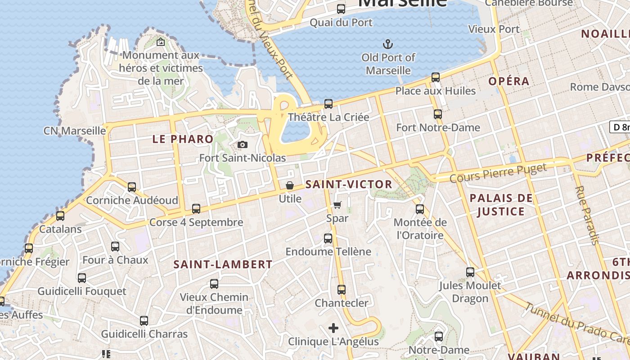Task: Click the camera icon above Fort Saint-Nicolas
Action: pyautogui.click(x=243, y=144)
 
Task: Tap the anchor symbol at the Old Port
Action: pyautogui.click(x=387, y=44)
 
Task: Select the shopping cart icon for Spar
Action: pyautogui.click(x=337, y=205)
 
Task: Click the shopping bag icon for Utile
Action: pyautogui.click(x=290, y=185)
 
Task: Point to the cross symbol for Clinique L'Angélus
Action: pyautogui.click(x=333, y=328)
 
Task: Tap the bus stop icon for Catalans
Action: pyautogui.click(x=60, y=216)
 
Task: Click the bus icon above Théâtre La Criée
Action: pyautogui.click(x=328, y=104)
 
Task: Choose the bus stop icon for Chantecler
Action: pyautogui.click(x=342, y=290)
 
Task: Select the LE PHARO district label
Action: pyautogui.click(x=183, y=139)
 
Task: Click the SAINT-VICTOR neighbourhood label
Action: pyautogui.click(x=349, y=184)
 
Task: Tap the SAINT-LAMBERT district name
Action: pyautogui.click(x=223, y=265)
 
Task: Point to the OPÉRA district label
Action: pyautogui.click(x=509, y=81)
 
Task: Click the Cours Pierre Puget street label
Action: pyautogui.click(x=498, y=173)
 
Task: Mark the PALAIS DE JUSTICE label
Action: pyautogui.click(x=501, y=205)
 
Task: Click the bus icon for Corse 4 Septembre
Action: pyautogui.click(x=196, y=209)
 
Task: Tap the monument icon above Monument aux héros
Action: pyautogui.click(x=160, y=42)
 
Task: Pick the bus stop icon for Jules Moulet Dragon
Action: pyautogui.click(x=470, y=272)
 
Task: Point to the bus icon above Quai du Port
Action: pyautogui.click(x=341, y=9)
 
